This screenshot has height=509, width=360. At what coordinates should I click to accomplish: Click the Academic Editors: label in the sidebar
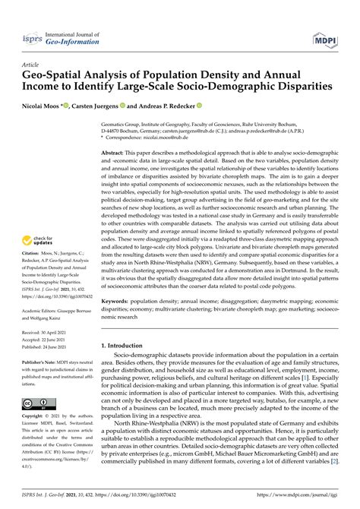(x=42, y=310)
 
